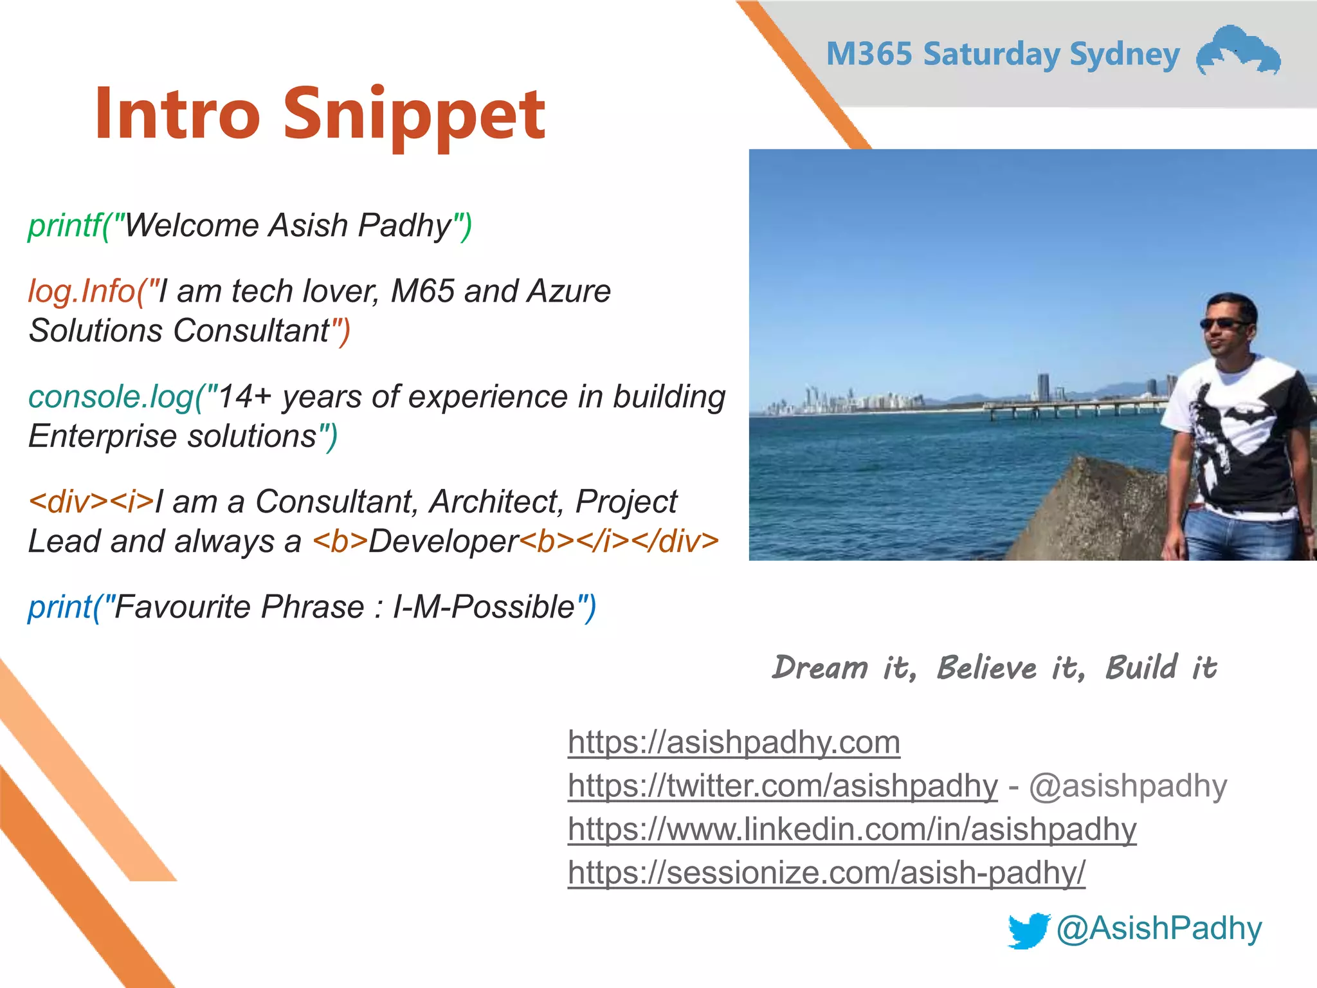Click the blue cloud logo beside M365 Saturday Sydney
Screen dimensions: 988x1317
click(x=1237, y=51)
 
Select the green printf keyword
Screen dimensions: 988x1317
click(x=64, y=225)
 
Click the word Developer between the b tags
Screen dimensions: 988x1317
click(x=443, y=541)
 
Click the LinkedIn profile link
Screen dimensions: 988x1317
click(x=852, y=828)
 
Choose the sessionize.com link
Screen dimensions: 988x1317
click(x=826, y=872)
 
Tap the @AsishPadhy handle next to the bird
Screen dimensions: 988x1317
click(x=1159, y=928)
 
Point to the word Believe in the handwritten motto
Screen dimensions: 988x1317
click(x=986, y=668)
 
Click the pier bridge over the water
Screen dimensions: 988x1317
click(x=1074, y=407)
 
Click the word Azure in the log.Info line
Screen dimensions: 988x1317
click(x=568, y=291)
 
